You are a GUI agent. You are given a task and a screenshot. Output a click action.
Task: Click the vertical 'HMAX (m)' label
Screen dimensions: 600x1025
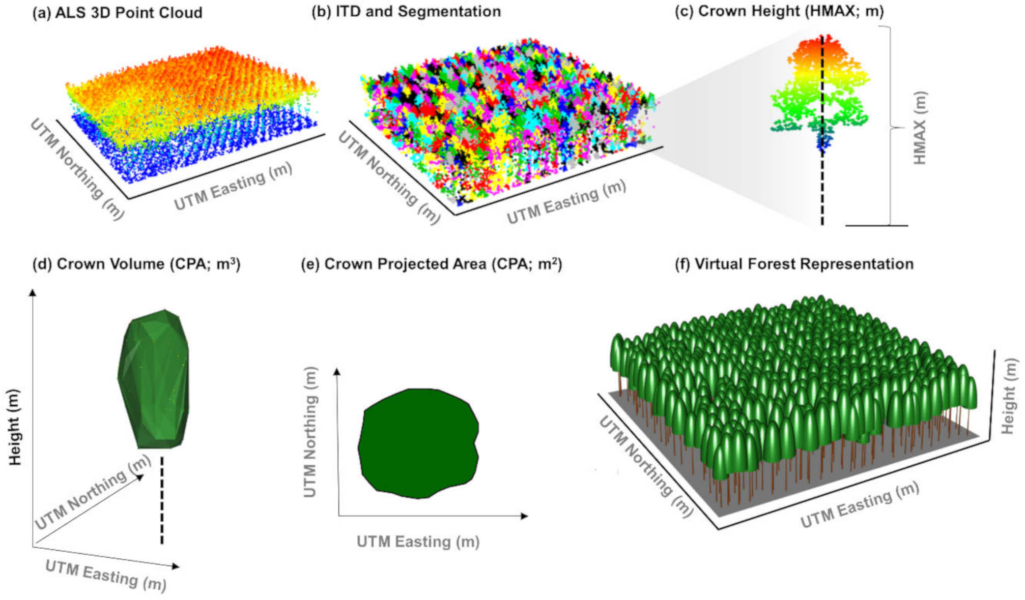(x=920, y=128)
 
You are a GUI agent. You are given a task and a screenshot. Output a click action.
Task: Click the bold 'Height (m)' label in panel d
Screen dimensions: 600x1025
(x=15, y=427)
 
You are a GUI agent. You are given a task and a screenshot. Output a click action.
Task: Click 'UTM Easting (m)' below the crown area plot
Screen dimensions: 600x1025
(x=418, y=542)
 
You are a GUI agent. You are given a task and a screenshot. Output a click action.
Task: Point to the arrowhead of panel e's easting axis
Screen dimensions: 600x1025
(x=525, y=516)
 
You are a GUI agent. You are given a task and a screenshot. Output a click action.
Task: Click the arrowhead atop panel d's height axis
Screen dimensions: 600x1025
(x=33, y=293)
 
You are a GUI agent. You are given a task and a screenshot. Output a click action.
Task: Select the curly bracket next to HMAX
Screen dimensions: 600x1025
(x=891, y=127)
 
